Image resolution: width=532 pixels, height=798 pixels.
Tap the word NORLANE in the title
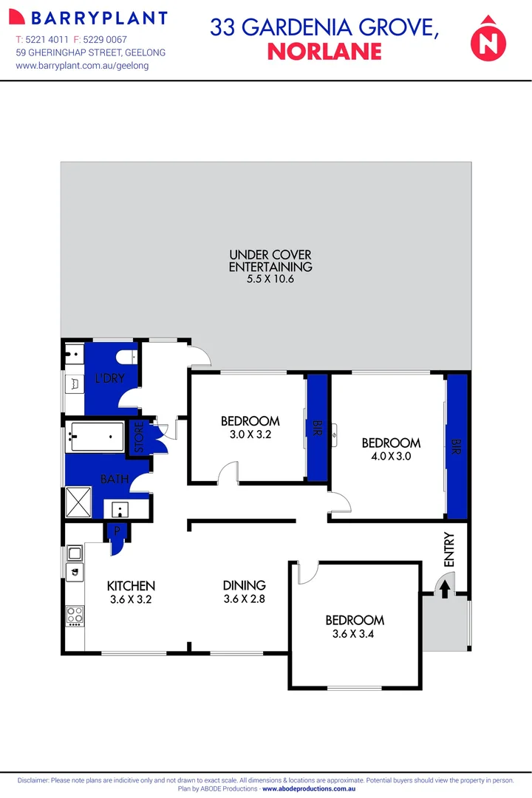click(x=324, y=51)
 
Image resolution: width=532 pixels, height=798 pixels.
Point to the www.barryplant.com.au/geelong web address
click(x=82, y=66)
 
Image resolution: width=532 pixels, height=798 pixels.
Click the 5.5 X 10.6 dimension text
click(x=270, y=279)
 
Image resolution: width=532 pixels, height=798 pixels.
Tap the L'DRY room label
click(x=109, y=379)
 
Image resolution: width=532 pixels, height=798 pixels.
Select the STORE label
click(x=138, y=437)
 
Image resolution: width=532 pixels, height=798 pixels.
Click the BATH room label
click(x=115, y=480)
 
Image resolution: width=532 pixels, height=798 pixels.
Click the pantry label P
click(x=117, y=531)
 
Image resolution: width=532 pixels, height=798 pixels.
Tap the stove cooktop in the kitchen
click(x=75, y=615)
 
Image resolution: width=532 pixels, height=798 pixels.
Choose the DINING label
click(x=244, y=586)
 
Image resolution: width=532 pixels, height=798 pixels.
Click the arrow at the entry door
click(x=445, y=589)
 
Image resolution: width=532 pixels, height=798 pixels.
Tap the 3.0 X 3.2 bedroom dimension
click(x=250, y=434)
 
